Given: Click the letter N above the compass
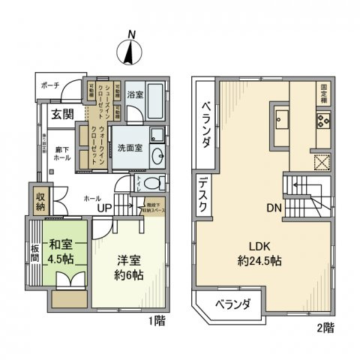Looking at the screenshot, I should (x=132, y=34).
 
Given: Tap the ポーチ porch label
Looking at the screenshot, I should (x=51, y=85).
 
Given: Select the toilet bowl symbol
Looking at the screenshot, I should (x=151, y=184).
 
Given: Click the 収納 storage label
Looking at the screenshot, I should (x=40, y=200).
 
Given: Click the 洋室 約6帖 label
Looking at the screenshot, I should (x=130, y=267).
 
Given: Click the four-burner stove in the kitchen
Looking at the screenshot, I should (x=323, y=118).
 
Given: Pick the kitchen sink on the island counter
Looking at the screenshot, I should (x=283, y=118).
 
